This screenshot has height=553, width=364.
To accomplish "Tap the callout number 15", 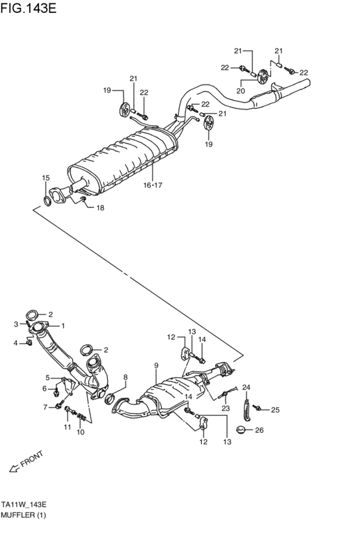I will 45,178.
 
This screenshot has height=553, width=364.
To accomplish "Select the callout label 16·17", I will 153,185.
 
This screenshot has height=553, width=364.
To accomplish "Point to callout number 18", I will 100,208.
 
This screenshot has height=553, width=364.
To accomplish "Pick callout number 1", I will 63,326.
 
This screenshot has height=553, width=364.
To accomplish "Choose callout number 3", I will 16,324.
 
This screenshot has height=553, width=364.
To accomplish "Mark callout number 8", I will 125,378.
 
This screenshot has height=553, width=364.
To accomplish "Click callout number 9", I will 157,366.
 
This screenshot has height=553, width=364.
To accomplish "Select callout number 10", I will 81,431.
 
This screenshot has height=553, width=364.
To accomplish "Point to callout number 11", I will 66,427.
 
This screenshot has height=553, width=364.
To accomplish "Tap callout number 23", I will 226,408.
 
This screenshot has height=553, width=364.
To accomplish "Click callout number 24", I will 246,388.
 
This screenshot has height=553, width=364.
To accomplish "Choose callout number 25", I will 275,409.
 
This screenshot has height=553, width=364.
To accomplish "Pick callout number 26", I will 259,430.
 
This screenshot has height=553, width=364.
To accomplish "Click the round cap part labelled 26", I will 240,429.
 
